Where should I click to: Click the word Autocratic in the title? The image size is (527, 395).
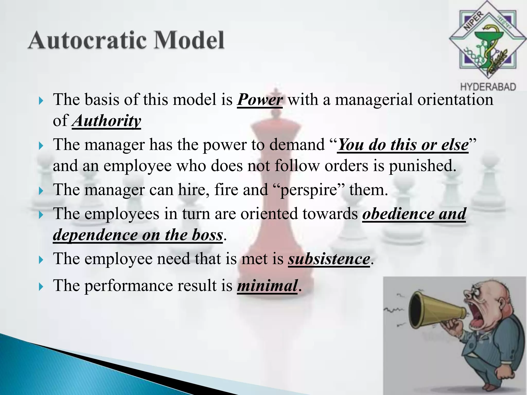88,40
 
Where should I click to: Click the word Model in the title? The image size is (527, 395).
189,40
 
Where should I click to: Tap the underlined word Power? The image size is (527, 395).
260,100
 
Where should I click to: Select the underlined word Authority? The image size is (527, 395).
107,121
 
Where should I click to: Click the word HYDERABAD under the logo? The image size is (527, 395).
488,87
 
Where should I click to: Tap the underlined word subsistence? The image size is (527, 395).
329,259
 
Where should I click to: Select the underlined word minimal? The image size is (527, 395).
267,286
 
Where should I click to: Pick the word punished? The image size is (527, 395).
422,166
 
